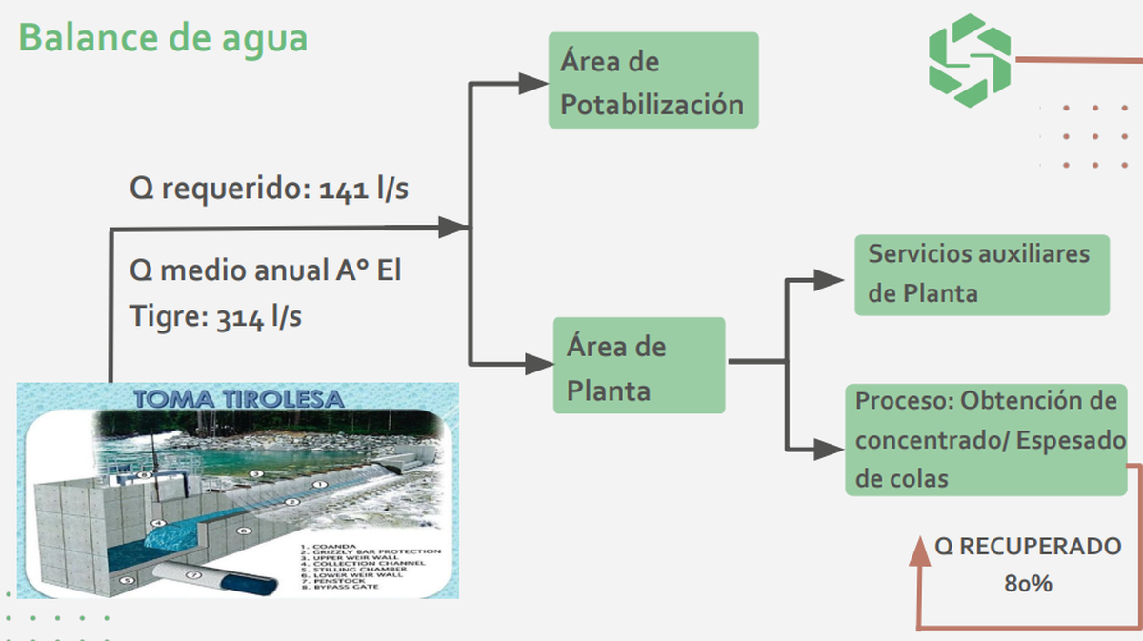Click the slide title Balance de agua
[163, 38]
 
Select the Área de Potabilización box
[652, 81]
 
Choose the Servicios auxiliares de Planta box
[981, 274]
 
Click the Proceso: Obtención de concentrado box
[987, 439]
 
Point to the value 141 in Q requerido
[342, 190]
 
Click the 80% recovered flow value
[1028, 584]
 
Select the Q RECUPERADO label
[1028, 547]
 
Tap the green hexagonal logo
[970, 60]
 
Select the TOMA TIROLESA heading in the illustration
[238, 398]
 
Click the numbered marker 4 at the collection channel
[159, 523]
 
